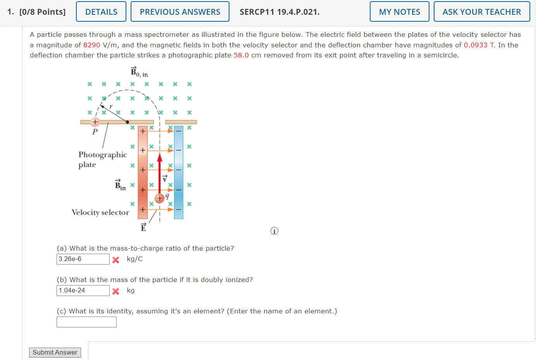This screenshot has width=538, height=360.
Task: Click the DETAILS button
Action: point(101,12)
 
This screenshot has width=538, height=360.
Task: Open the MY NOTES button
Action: point(399,12)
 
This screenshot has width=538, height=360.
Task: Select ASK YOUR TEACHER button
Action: point(481,12)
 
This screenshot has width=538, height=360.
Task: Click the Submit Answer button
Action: point(55,352)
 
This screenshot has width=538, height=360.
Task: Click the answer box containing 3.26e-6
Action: point(83,259)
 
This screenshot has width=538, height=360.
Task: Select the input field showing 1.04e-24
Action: point(83,291)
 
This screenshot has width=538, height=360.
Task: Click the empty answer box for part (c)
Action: point(86,322)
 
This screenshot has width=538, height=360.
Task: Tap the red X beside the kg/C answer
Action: point(116,260)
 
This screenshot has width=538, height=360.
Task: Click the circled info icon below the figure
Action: point(274,231)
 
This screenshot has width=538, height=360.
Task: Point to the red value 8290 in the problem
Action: point(91,45)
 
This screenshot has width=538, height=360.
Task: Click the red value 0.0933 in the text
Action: point(476,45)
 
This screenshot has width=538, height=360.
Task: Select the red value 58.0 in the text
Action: point(241,55)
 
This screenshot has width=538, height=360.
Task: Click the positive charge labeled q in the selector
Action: point(159,199)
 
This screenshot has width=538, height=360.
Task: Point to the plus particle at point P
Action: point(95,122)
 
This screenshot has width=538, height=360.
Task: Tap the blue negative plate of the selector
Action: point(179,172)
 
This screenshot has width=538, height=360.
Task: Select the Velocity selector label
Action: point(100,212)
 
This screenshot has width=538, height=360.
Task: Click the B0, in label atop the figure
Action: point(139,72)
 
